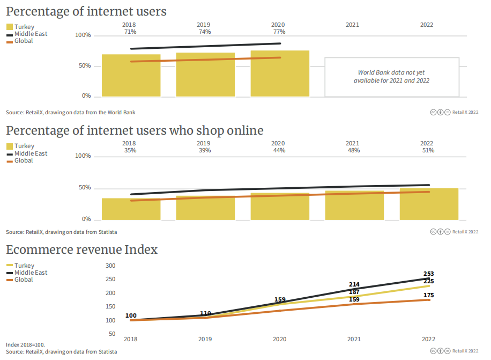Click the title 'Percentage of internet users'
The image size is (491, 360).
pyautogui.click(x=86, y=11)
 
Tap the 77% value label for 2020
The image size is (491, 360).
pyautogui.click(x=279, y=32)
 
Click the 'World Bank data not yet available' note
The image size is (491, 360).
pyautogui.click(x=391, y=76)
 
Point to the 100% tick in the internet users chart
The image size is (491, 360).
pyautogui.click(x=83, y=35)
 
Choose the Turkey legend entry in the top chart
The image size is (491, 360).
pyautogui.click(x=24, y=27)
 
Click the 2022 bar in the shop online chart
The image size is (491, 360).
pyautogui.click(x=429, y=204)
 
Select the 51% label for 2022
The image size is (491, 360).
pyautogui.click(x=427, y=151)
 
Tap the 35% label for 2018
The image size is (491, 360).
pyautogui.click(x=129, y=151)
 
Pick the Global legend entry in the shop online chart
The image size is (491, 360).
pyautogui.click(x=23, y=160)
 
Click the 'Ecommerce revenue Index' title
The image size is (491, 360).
pyautogui.click(x=81, y=249)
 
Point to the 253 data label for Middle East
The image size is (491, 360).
pyautogui.click(x=428, y=274)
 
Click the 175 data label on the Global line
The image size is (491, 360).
pyautogui.click(x=428, y=295)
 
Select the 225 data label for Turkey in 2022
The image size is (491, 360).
pyautogui.click(x=428, y=281)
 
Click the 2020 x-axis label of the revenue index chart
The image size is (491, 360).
pyautogui.click(x=279, y=339)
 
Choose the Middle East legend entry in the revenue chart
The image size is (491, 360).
pyautogui.click(x=31, y=273)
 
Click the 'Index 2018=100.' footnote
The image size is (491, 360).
pyautogui.click(x=25, y=344)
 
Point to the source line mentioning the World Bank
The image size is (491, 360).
pyautogui.click(x=71, y=113)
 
